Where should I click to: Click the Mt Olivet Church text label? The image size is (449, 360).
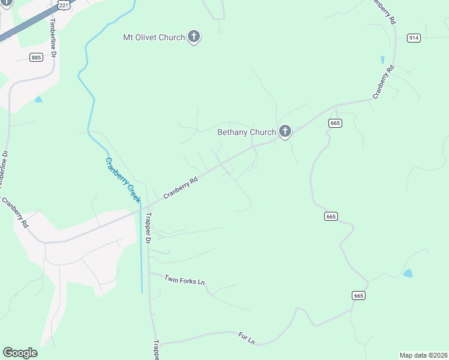pyautogui.click(x=154, y=37)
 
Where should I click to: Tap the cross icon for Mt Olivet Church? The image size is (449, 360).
pyautogui.click(x=194, y=37)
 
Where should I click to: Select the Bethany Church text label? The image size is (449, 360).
pyautogui.click(x=246, y=132)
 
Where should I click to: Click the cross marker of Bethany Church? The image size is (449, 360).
pyautogui.click(x=285, y=131)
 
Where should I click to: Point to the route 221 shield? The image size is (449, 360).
pyautogui.click(x=64, y=5)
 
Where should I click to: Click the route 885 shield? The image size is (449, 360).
pyautogui.click(x=36, y=57)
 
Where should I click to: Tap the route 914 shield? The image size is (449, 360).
pyautogui.click(x=414, y=38)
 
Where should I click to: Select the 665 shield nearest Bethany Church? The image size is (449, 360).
pyautogui.click(x=335, y=123)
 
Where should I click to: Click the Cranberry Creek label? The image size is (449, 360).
pyautogui.click(x=122, y=179)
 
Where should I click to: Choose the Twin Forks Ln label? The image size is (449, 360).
pyautogui.click(x=185, y=280)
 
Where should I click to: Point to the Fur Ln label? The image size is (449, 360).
pyautogui.click(x=247, y=338)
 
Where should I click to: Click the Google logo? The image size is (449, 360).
pyautogui.click(x=20, y=353)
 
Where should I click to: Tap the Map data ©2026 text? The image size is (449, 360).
pyautogui.click(x=423, y=355)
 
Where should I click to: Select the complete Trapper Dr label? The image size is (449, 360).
pyautogui.click(x=148, y=229)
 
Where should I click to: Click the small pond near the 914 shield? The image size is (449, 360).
pyautogui.click(x=382, y=60)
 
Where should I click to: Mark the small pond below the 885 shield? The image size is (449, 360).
pyautogui.click(x=39, y=99)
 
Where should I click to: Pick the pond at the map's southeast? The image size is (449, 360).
pyautogui.click(x=408, y=274)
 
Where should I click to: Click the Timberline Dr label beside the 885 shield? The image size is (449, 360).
pyautogui.click(x=53, y=37)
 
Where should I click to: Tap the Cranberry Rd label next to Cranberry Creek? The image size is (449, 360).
pyautogui.click(x=181, y=188)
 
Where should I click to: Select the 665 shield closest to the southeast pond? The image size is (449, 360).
pyautogui.click(x=358, y=296)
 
